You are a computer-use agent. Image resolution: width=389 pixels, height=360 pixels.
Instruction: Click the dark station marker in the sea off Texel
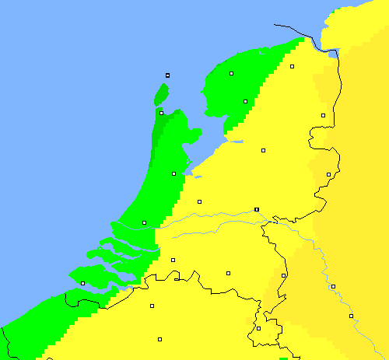coord(167,75)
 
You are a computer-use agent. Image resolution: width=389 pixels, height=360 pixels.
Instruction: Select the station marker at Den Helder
coord(162,113)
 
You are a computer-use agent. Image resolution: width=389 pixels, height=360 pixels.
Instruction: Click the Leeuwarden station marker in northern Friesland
coord(232,74)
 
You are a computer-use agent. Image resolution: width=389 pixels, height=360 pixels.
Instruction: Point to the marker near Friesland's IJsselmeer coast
coord(245,101)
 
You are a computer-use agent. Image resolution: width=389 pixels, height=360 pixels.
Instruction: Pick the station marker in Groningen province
coord(293,67)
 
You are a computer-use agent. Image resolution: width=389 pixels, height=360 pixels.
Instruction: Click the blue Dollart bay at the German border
coord(333,54)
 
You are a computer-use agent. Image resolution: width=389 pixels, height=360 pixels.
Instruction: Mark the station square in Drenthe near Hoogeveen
coord(323,115)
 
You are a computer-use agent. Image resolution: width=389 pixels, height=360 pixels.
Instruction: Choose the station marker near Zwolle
coord(263,150)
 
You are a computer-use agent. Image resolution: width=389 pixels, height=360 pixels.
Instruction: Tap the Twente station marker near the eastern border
coord(329,174)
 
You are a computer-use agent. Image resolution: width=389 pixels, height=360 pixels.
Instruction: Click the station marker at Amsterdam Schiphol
coord(173,173)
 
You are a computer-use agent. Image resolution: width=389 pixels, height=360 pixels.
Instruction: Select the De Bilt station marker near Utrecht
coord(199,201)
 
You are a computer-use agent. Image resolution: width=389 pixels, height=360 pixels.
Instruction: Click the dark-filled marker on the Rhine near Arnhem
coord(256,209)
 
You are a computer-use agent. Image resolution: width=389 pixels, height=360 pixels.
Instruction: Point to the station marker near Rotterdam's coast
coord(144,223)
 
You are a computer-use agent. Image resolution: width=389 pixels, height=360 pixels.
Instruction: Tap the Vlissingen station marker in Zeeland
coord(83,283)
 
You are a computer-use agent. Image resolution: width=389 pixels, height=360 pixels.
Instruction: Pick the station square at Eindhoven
coord(229,273)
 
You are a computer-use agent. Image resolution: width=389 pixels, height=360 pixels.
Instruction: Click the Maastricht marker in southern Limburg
coord(259,328)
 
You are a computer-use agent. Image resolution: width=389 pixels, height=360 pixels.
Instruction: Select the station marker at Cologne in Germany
coord(351,316)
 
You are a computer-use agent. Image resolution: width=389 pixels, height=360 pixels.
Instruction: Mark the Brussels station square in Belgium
coord(159,339)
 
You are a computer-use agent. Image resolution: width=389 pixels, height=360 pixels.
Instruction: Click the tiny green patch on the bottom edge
coord(283,358)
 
